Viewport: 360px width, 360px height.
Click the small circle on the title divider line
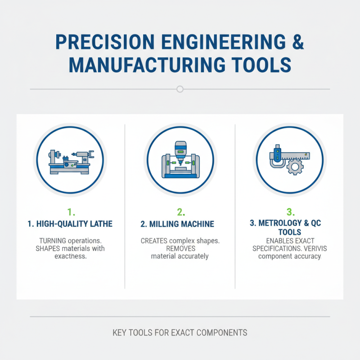pos(180,89)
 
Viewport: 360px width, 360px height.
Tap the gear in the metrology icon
pos(295,168)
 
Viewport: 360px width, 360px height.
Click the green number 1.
pos(69,211)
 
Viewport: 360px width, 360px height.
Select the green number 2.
pos(180,211)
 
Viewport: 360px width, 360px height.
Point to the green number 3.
pos(290,211)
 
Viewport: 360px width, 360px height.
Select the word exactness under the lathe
pos(70,256)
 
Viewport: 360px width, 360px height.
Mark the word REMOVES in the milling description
pos(180,249)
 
